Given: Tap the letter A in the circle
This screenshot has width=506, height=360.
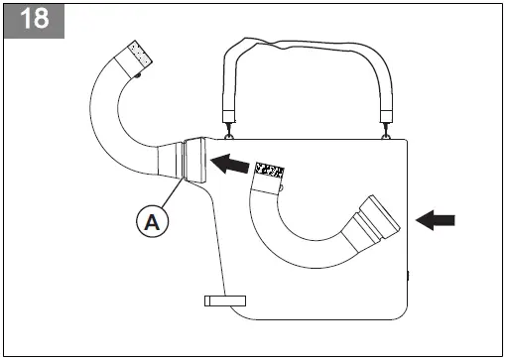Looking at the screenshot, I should click(151, 223).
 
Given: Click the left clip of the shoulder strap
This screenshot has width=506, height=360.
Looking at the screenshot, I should click(232, 128).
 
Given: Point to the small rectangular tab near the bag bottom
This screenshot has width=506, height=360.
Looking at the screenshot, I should click(225, 299).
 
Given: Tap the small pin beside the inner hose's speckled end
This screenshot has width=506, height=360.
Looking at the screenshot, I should click(282, 184).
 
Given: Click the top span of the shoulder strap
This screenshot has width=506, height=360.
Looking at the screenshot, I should click(308, 45).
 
